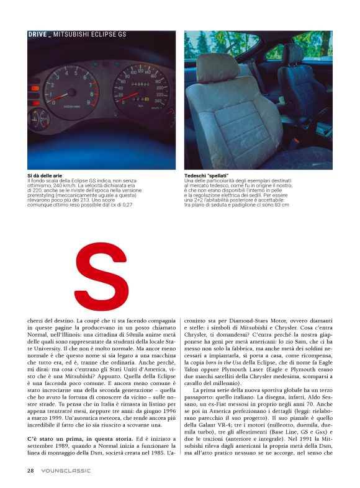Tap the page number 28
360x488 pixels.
30,470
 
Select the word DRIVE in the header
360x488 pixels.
38,35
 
